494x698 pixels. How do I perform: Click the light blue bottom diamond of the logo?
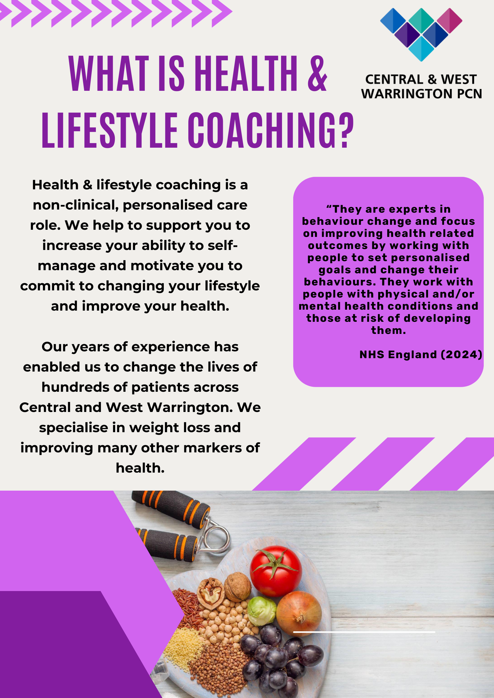pos(421,49)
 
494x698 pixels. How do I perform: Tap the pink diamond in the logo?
pos(449,21)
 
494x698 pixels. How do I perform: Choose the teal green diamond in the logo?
pos(421,21)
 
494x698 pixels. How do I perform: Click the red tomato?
pos(276,571)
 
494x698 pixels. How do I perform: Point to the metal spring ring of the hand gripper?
pos(217,535)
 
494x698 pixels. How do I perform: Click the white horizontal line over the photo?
pos(364,632)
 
